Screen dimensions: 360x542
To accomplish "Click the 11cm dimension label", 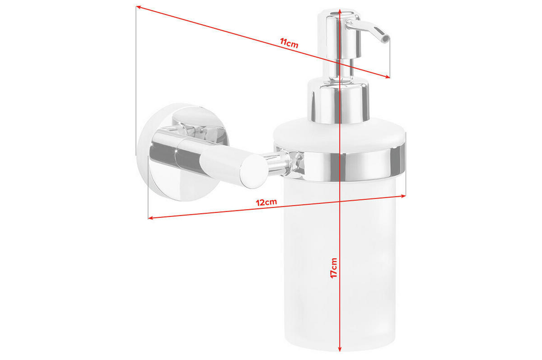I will click(x=289, y=43).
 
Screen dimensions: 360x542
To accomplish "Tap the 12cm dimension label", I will click(x=266, y=202).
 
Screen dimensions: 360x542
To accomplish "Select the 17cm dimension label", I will click(x=334, y=268).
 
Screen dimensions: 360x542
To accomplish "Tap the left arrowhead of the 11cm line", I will click(x=139, y=7).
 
